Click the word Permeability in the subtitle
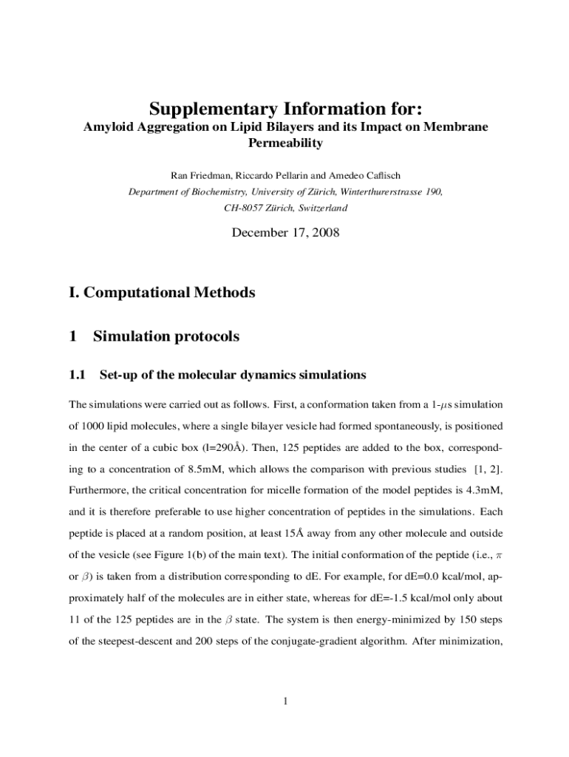pos(284,143)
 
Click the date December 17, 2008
pos(285,233)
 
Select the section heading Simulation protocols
pos(166,336)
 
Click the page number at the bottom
pos(284,701)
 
